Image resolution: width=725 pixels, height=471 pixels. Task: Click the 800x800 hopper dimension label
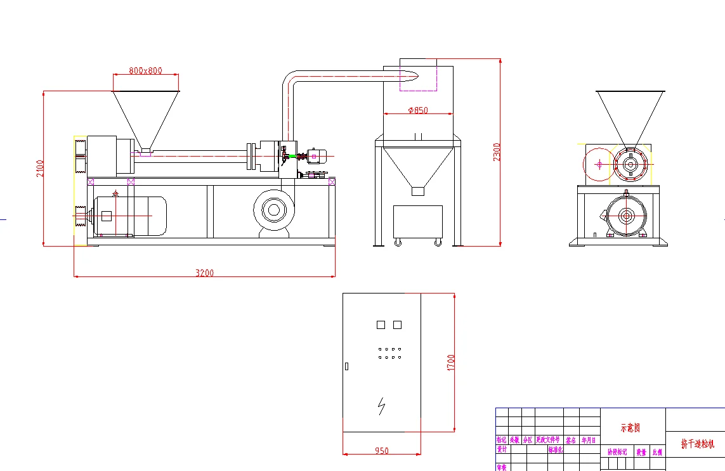[146, 70]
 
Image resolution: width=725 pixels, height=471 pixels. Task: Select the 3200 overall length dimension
[204, 273]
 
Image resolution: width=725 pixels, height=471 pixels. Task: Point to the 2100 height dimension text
[40, 168]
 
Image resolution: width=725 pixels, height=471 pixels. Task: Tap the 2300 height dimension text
[497, 152]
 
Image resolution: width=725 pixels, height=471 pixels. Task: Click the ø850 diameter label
[418, 110]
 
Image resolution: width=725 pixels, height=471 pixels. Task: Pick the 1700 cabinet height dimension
[451, 363]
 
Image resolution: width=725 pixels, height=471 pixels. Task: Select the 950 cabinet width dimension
[381, 451]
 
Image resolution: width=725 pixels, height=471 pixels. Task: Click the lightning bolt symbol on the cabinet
[381, 406]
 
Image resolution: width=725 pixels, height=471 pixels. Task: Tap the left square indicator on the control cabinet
[381, 325]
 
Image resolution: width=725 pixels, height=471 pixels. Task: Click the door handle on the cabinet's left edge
[346, 366]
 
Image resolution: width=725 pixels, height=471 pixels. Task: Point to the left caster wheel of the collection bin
[398, 242]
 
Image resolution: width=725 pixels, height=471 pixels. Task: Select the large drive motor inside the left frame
[130, 216]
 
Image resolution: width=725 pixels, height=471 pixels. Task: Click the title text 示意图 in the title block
[630, 428]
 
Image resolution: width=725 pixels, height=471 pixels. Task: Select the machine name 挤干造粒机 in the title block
[697, 444]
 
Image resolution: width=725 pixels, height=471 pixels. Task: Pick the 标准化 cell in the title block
[555, 449]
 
